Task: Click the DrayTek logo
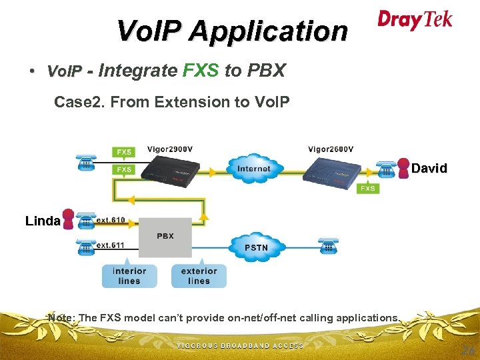415,19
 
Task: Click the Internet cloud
253,169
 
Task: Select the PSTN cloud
257,247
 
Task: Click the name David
429,169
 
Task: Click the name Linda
43,221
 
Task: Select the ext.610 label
111,219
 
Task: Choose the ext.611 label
111,245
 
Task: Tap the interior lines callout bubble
129,275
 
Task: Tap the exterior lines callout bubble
199,275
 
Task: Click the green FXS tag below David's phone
368,189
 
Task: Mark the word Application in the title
268,31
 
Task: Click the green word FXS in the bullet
201,70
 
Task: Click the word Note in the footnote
61,317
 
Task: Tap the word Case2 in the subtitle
75,102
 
